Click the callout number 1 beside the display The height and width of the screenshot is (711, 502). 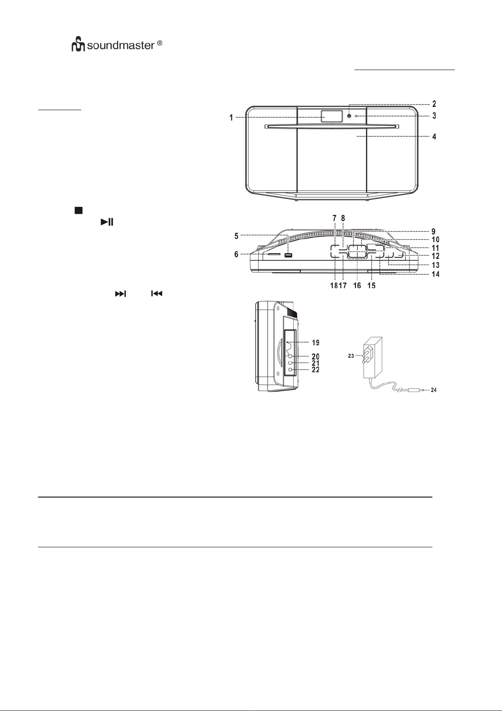coord(231,118)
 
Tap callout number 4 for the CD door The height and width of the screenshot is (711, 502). coord(434,137)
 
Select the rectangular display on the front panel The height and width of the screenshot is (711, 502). coord(331,116)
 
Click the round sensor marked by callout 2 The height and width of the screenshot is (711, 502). coord(349,116)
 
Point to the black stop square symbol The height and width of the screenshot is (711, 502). coord(78,210)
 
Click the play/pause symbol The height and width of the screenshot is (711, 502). coord(107,222)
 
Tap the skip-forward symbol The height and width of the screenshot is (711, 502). coord(121,294)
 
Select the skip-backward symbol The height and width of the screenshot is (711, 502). coord(157,294)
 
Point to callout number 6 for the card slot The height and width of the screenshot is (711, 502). coord(236,254)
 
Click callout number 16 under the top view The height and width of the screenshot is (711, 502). coord(357,285)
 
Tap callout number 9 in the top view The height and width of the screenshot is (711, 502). coord(433,231)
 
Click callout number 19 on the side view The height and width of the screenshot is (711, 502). coord(316,343)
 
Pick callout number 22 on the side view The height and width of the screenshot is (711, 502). coord(316,370)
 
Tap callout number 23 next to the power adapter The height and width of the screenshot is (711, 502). coord(351,356)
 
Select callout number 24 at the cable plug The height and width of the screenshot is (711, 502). coord(433,390)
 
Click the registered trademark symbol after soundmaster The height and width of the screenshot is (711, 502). coord(160,43)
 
